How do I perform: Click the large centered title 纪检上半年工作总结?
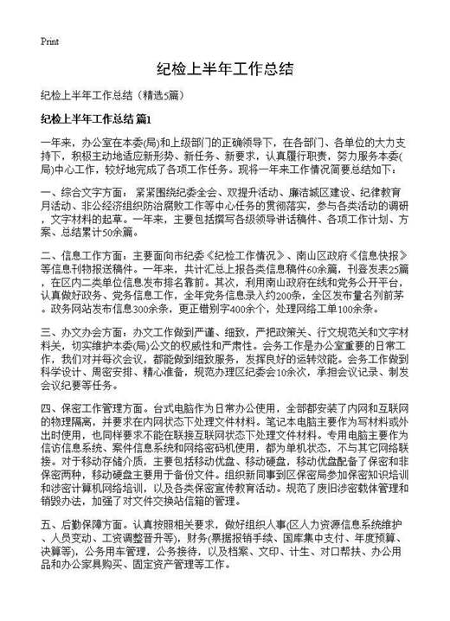pos(225,68)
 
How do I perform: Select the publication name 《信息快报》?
pos(362,256)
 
